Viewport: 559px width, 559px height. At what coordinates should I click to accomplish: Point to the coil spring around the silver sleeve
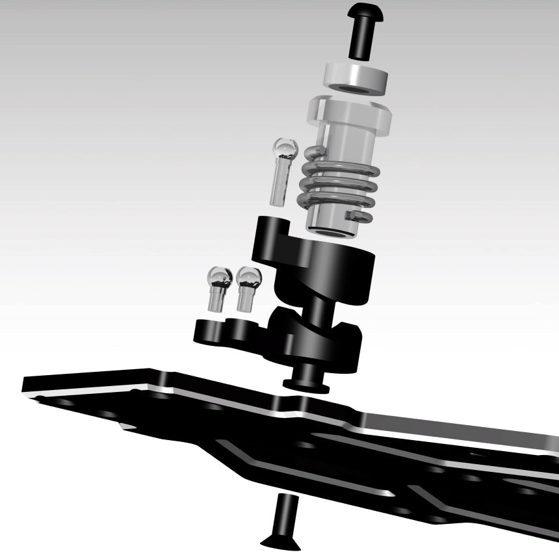[338, 185]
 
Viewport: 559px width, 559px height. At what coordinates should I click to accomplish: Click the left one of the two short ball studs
[216, 290]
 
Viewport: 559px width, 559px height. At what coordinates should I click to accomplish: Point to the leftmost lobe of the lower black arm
[208, 331]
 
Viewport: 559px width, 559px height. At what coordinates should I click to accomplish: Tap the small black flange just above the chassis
[305, 383]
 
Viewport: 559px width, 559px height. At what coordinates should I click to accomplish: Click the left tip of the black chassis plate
[29, 385]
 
